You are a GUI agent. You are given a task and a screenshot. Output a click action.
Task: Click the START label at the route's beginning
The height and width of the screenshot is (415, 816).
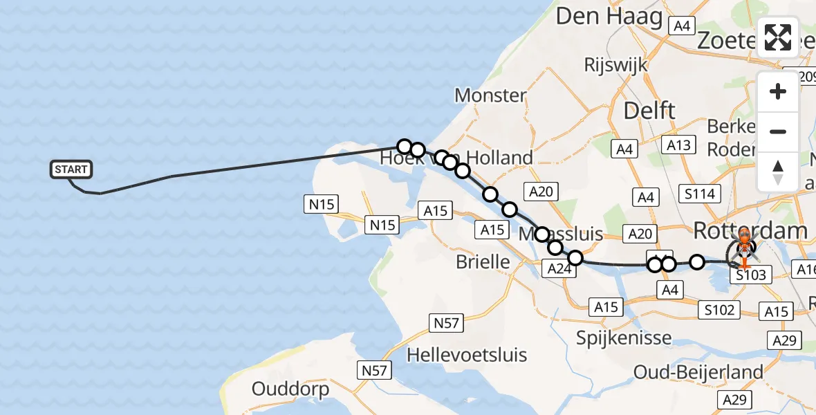[71, 169]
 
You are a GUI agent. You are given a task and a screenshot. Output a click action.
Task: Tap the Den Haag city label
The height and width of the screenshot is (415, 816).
[609, 17]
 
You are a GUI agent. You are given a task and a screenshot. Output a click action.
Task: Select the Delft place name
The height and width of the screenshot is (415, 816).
[649, 110]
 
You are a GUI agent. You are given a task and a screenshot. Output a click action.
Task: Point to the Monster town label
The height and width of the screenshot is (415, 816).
[490, 95]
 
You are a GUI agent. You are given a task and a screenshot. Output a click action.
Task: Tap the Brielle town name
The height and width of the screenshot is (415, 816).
[483, 261]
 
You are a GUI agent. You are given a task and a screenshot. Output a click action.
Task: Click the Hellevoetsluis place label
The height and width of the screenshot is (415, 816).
[467, 356]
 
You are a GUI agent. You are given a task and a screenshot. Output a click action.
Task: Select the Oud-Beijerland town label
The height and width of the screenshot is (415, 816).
[698, 373]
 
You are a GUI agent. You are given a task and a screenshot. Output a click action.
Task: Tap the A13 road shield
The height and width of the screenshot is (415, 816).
[678, 145]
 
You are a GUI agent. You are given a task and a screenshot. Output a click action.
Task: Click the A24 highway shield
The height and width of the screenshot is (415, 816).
[558, 268]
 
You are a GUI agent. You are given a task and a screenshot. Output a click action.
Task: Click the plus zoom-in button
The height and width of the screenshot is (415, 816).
[778, 91]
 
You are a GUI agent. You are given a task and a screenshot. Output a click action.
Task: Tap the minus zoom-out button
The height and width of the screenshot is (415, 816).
[778, 131]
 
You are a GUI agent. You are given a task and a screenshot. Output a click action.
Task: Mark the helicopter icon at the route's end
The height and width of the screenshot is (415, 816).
[744, 250]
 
